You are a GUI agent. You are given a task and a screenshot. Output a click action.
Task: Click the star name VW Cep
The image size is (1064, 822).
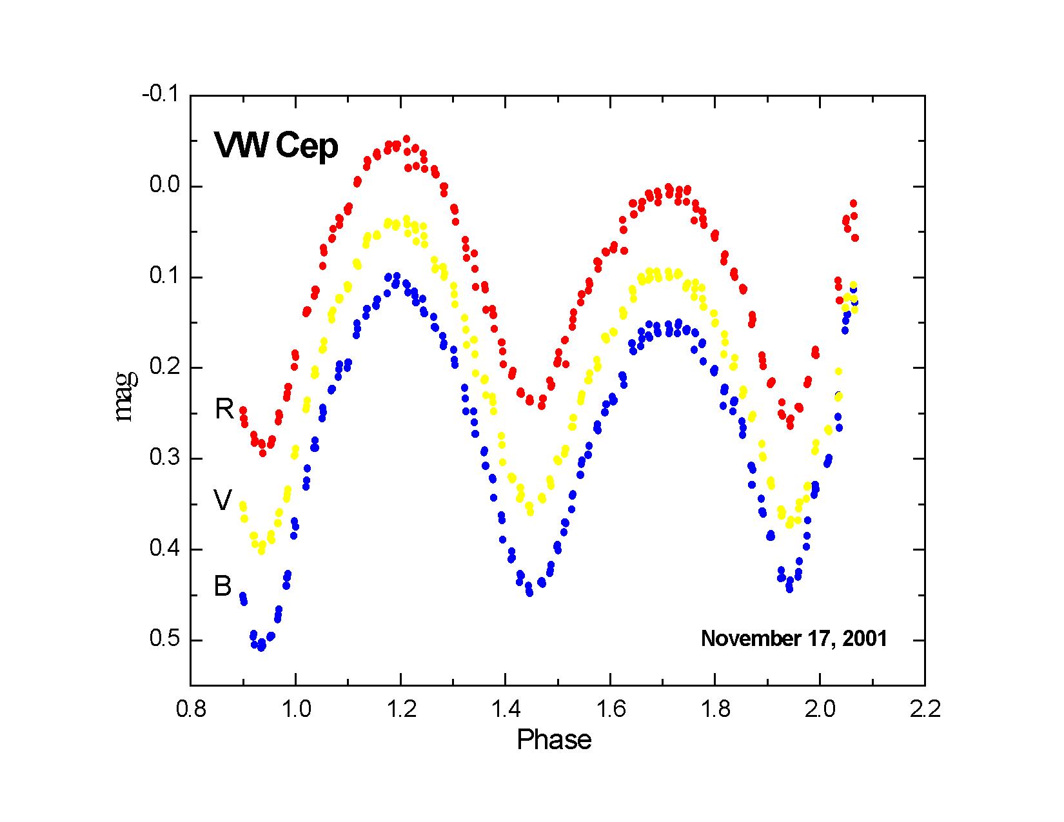click(x=276, y=146)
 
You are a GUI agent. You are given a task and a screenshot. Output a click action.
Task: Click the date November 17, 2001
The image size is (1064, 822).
click(x=794, y=639)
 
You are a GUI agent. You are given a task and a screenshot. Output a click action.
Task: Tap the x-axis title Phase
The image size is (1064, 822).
click(x=554, y=739)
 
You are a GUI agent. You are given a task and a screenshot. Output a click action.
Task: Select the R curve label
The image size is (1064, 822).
click(x=224, y=409)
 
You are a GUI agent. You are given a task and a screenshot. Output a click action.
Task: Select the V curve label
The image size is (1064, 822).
click(x=222, y=500)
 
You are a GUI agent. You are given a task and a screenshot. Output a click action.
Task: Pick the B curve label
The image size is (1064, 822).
click(x=222, y=587)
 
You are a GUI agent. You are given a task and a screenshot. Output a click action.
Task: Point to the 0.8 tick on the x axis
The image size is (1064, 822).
click(x=191, y=710)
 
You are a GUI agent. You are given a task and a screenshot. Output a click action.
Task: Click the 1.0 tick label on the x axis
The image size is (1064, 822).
click(x=295, y=710)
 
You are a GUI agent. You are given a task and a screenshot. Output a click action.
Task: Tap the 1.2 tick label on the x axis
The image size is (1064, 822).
click(x=400, y=710)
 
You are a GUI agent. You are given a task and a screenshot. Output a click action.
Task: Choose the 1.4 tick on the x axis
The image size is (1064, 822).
click(x=505, y=710)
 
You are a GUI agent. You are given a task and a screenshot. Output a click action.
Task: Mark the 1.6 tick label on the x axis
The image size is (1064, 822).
click(x=610, y=710)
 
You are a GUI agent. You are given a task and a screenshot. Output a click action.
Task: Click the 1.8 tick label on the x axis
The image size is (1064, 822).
click(x=715, y=710)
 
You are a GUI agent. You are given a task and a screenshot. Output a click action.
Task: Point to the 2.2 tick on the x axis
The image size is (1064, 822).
click(x=925, y=710)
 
